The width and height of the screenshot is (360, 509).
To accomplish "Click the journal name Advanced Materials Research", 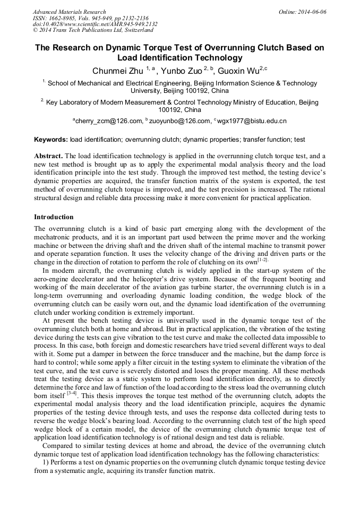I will (69, 12).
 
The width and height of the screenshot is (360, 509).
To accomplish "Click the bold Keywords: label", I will (51, 140).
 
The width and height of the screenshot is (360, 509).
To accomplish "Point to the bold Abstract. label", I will (48, 156).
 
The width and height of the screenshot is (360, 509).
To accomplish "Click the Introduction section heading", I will (54, 217).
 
